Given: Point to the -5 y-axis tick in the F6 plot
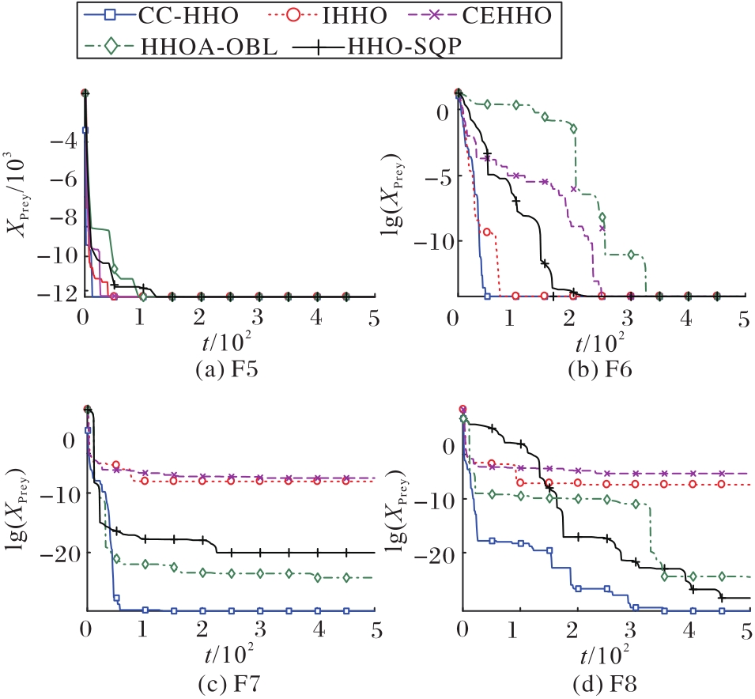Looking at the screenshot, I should (438, 176).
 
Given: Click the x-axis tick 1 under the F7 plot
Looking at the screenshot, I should (143, 630).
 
